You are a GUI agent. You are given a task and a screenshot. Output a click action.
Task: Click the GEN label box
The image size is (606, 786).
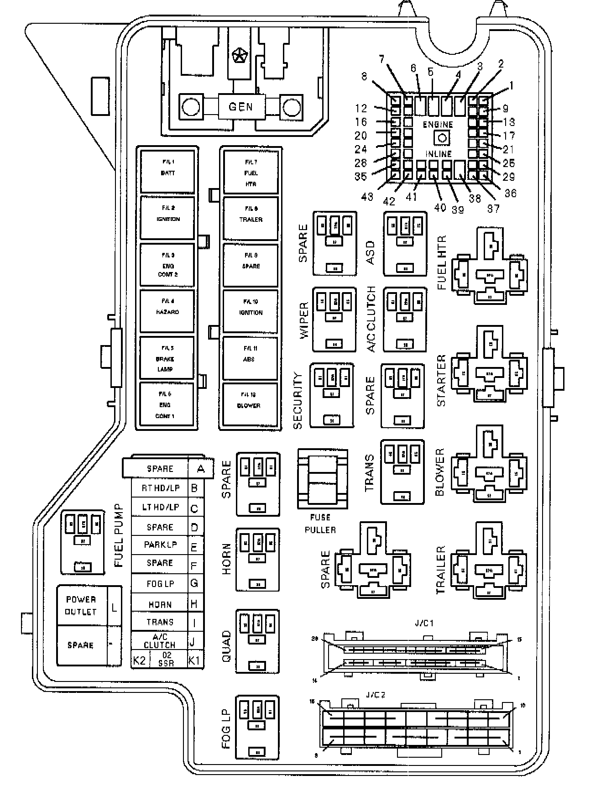(240, 107)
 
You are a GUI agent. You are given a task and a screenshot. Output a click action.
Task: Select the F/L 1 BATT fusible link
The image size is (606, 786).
(167, 170)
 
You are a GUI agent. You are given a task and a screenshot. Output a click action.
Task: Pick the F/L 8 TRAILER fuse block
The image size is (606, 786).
(251, 217)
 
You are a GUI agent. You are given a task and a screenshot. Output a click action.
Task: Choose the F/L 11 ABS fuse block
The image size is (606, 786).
(251, 357)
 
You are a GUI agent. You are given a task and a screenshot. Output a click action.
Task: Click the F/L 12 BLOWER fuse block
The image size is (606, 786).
(250, 403)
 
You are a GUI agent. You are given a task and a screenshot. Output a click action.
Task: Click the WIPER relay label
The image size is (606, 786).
(304, 320)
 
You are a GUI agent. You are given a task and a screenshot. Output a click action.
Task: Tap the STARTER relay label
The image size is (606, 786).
(441, 380)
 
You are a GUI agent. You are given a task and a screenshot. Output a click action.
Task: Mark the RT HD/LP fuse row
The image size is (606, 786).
(160, 488)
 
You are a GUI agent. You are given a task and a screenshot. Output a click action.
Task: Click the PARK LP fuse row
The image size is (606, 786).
(160, 545)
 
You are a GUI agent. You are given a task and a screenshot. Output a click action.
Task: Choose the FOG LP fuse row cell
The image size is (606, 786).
(160, 584)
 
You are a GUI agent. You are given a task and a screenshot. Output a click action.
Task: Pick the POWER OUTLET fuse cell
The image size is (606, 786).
(81, 605)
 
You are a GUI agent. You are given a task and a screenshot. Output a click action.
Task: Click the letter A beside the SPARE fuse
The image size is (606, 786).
(200, 468)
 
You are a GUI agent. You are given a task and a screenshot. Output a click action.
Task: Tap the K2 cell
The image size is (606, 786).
(139, 660)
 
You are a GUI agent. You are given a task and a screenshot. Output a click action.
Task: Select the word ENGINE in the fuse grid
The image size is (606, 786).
(438, 125)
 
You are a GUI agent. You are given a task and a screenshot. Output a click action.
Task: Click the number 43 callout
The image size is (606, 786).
(367, 197)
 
